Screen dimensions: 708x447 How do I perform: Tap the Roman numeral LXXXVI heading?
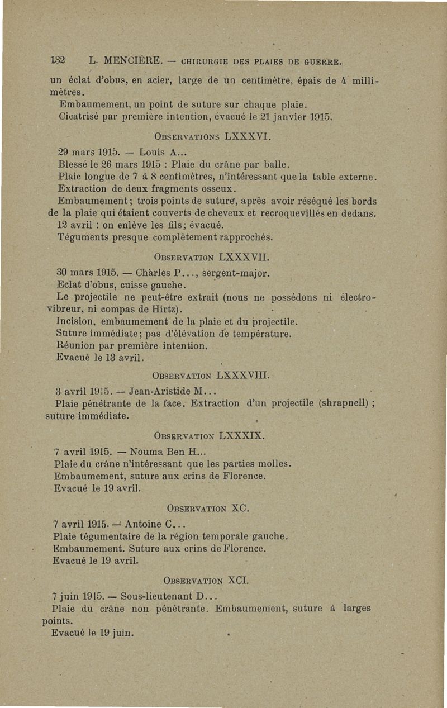pyautogui.click(x=234, y=135)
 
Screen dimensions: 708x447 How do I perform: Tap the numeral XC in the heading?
pyautogui.click(x=240, y=509)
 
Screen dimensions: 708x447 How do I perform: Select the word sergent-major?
pyautogui.click(x=236, y=274)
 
